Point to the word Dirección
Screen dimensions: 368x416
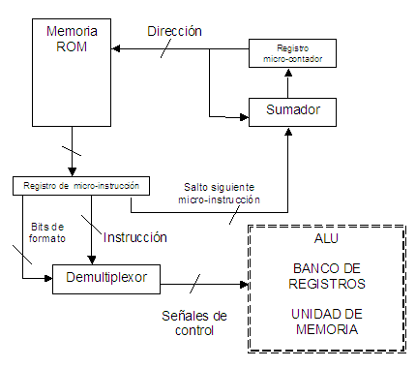pyautogui.click(x=174, y=31)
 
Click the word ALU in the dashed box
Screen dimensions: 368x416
pyautogui.click(x=326, y=238)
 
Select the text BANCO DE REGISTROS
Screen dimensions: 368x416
pyautogui.click(x=326, y=277)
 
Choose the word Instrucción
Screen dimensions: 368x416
pyautogui.click(x=134, y=236)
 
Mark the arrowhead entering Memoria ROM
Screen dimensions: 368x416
pyautogui.click(x=116, y=49)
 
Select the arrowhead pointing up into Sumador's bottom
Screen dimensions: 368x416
pyautogui.click(x=287, y=131)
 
